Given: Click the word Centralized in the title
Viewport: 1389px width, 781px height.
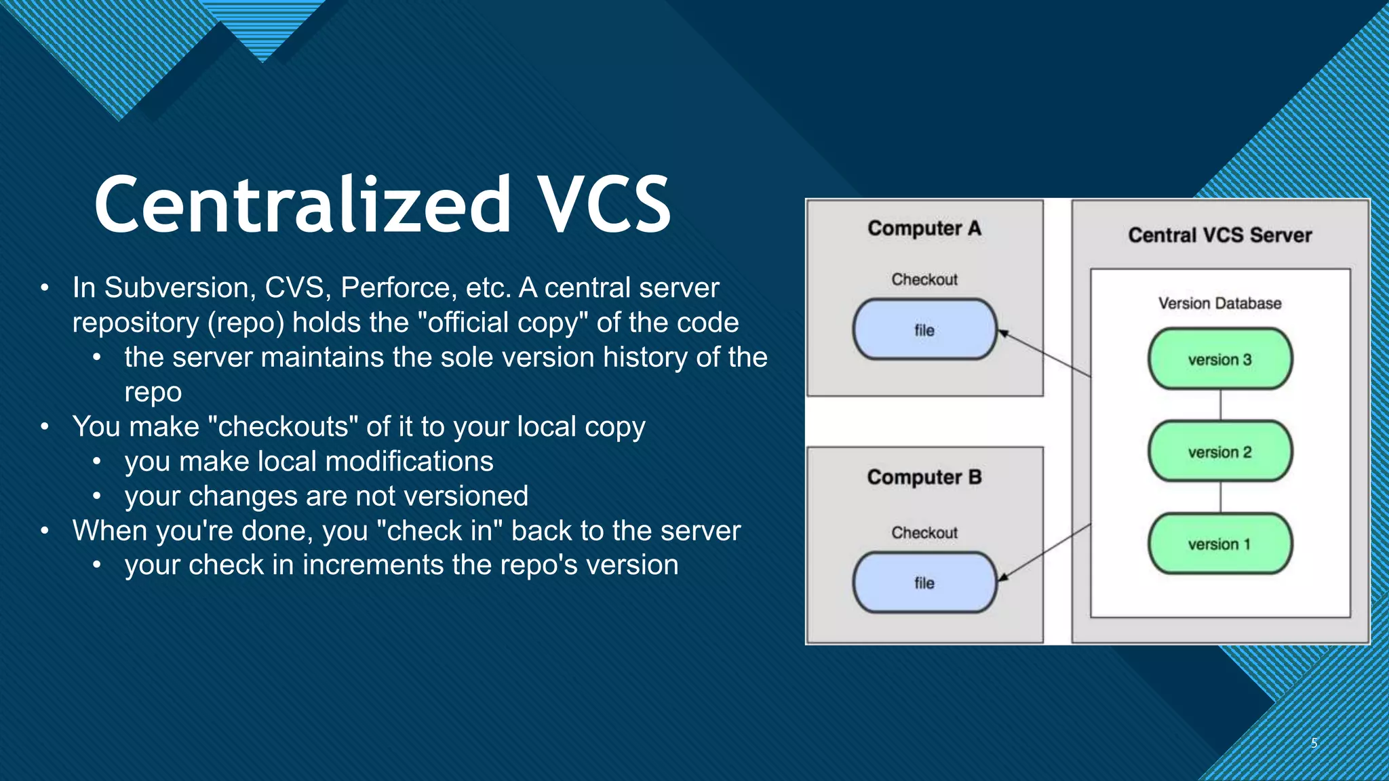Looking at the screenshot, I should pyautogui.click(x=302, y=205).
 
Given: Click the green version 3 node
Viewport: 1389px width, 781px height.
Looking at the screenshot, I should pyautogui.click(x=1219, y=359).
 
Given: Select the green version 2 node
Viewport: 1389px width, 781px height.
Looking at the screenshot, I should pyautogui.click(x=1219, y=452).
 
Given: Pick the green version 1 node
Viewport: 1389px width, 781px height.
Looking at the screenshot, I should pyautogui.click(x=1219, y=544).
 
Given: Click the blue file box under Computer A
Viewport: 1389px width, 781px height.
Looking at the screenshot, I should pyautogui.click(x=924, y=330).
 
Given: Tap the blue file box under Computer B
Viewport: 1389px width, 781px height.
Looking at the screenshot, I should pyautogui.click(x=924, y=583).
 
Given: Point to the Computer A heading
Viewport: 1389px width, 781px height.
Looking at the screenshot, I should pyautogui.click(x=924, y=228).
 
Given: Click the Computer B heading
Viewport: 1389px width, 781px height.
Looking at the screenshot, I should pyautogui.click(x=924, y=477).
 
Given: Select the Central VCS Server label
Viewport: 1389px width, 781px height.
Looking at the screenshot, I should pyautogui.click(x=1219, y=235).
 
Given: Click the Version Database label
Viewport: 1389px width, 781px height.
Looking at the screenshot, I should pyautogui.click(x=1219, y=303).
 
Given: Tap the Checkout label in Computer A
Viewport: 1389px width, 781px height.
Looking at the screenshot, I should pyautogui.click(x=924, y=279).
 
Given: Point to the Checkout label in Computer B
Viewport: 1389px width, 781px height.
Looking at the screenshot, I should pyautogui.click(x=924, y=533).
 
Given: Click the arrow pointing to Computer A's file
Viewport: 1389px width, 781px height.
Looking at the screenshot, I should pyautogui.click(x=1044, y=353).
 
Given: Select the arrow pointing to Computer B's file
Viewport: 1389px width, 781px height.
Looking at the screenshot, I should pyautogui.click(x=1044, y=552).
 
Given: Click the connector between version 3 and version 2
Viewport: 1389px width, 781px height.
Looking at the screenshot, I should pyautogui.click(x=1220, y=405).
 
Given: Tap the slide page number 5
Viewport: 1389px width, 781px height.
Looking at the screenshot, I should pyautogui.click(x=1314, y=743).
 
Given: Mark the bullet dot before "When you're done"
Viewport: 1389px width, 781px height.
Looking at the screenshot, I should pyautogui.click(x=45, y=531).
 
